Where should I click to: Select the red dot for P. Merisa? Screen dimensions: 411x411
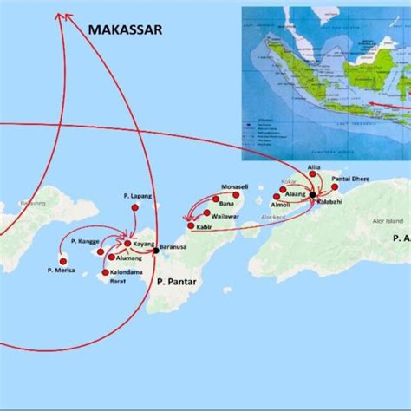click(x=62, y=259)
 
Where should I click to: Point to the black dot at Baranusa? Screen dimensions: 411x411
click(x=155, y=250)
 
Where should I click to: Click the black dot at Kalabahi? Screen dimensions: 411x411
click(x=312, y=195)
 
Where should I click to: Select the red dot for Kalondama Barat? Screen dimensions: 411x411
click(x=106, y=273)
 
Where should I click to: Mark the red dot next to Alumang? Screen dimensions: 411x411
click(x=113, y=257)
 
